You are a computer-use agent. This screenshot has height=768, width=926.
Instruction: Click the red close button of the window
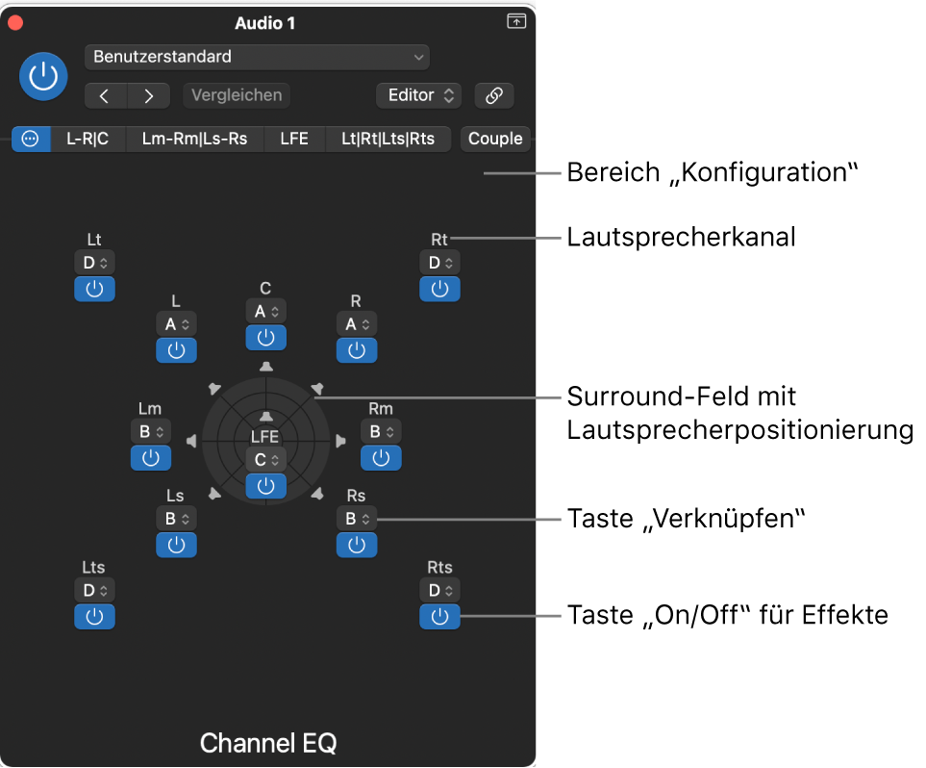[14, 22]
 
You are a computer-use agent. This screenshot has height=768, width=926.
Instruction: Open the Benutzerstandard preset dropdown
[257, 57]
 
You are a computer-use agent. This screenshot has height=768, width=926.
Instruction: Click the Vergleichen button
[237, 95]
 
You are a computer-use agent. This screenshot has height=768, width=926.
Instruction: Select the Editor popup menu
[419, 95]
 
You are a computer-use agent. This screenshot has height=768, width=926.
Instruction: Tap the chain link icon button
[494, 95]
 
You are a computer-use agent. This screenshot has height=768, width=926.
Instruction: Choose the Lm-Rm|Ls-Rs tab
[194, 139]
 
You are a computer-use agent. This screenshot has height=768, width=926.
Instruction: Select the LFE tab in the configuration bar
[294, 139]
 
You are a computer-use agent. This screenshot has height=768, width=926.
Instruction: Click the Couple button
[495, 139]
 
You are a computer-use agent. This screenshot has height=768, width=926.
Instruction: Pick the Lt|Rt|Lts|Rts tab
[388, 139]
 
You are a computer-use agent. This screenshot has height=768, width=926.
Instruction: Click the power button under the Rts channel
[439, 616]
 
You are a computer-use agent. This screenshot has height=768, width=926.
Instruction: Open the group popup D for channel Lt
[94, 262]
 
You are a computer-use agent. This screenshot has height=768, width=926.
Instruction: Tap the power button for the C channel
[265, 337]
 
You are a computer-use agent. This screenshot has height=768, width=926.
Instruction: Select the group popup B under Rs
[357, 519]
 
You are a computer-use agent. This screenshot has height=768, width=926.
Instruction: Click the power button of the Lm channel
[150, 458]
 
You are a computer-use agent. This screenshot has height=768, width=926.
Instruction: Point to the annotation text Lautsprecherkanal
[681, 237]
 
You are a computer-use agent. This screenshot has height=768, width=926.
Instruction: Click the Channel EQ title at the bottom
[268, 743]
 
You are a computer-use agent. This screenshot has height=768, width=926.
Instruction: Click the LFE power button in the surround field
[265, 486]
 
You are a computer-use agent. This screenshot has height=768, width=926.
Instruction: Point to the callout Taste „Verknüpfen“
[685, 519]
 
